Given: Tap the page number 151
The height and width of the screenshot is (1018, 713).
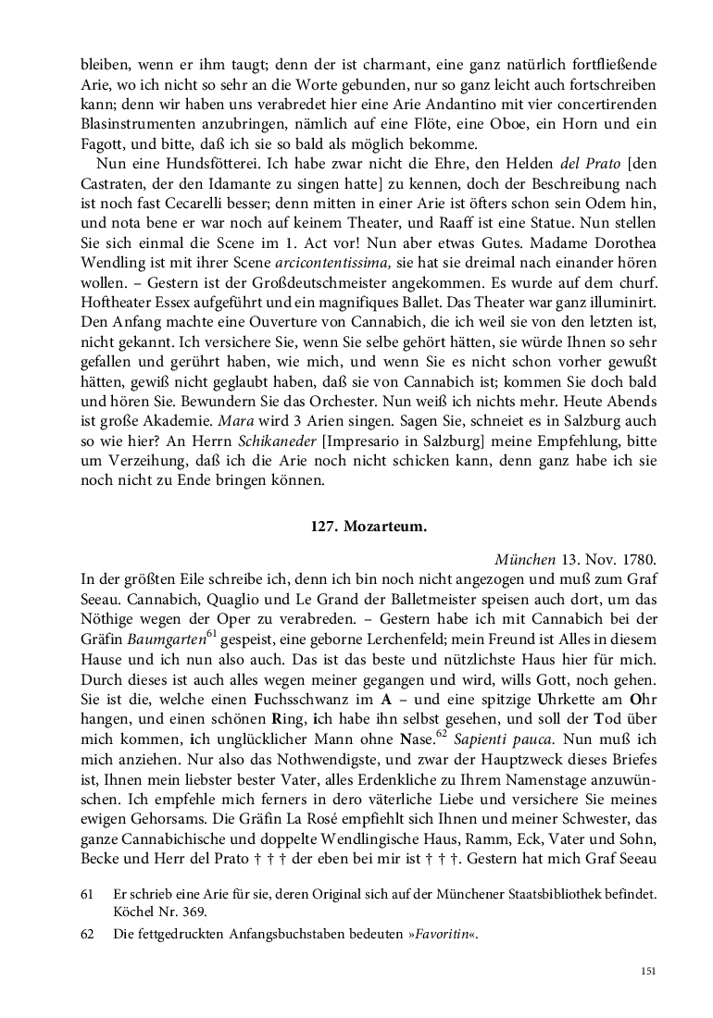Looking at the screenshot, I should pos(647,970).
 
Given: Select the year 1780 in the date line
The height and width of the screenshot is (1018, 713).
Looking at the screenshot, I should pos(640,560).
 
